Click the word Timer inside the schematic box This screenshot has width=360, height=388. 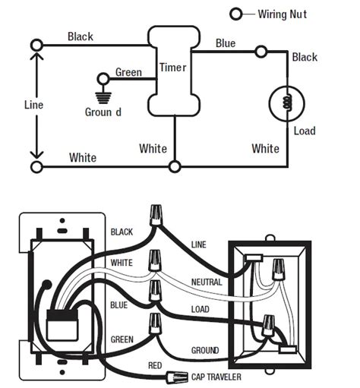tap(172, 68)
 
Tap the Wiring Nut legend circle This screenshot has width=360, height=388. tap(236, 14)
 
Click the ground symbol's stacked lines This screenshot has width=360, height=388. tap(103, 98)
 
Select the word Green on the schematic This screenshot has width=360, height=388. tap(128, 72)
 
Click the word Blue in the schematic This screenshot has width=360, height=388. tap(226, 43)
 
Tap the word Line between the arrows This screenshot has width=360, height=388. tap(33, 105)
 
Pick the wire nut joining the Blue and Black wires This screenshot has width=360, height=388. tap(261, 52)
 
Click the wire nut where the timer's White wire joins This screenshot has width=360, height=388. tap(175, 167)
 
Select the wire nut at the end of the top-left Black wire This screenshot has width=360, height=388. tap(36, 46)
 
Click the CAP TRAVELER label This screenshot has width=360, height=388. tap(216, 377)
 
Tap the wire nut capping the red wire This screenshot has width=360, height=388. tap(177, 377)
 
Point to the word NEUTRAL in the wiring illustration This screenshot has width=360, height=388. tap(207, 282)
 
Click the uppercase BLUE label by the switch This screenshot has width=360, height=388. tap(118, 305)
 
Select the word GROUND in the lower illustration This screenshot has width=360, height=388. tap(205, 350)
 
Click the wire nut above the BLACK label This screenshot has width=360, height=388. tap(156, 215)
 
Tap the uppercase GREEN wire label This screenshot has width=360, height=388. tap(122, 339)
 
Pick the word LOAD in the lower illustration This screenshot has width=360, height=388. tap(201, 309)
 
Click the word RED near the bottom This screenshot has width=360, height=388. tap(155, 365)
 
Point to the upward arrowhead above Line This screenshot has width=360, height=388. tap(36, 56)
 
